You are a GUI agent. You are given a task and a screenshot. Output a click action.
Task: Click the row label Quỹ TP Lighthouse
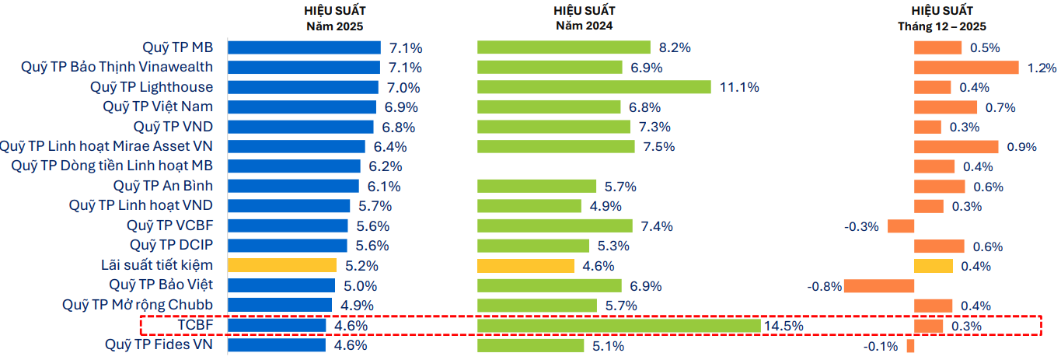[x=151, y=86]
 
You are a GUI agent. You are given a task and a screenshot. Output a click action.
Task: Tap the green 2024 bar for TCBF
[x=618, y=325]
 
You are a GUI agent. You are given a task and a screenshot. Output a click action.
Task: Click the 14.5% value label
[x=784, y=326]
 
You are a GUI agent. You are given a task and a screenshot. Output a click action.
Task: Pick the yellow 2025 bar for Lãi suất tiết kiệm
[x=281, y=265]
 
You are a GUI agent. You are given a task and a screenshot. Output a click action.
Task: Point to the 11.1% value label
[x=739, y=87]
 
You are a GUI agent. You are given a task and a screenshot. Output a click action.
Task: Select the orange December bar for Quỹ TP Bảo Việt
[x=879, y=285]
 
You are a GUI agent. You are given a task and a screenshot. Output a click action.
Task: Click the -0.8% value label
[x=825, y=286]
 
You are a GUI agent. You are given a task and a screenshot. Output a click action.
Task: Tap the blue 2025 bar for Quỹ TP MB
[x=304, y=47]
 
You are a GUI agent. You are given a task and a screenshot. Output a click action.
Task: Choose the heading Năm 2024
[x=584, y=26]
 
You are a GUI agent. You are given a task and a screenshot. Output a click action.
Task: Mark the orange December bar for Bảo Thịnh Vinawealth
[x=966, y=68]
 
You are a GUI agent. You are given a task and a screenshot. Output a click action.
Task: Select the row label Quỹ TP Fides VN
[x=159, y=344]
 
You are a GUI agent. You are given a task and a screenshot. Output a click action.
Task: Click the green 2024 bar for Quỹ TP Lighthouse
[x=594, y=87]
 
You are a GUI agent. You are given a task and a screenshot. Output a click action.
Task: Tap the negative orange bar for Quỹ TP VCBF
[x=900, y=226]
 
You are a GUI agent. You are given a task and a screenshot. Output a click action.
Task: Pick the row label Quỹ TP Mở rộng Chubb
[x=138, y=305]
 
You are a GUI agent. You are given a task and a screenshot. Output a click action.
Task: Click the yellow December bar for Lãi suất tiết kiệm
[x=933, y=266]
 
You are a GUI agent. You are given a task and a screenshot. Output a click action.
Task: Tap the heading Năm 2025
[x=334, y=26]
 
